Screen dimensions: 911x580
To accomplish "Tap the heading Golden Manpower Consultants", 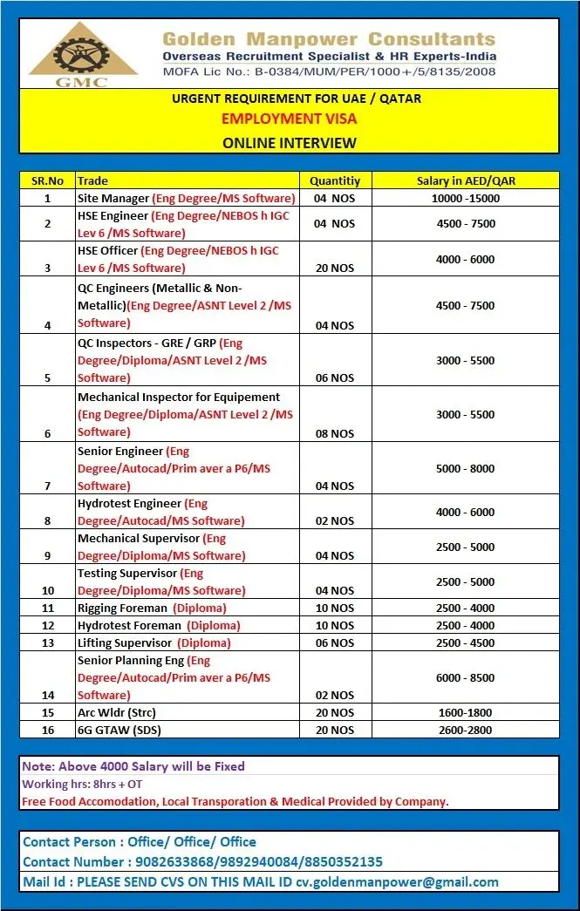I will [328, 39].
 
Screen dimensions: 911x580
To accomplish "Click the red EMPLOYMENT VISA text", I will [290, 119].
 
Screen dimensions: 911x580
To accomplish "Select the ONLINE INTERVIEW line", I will [290, 142].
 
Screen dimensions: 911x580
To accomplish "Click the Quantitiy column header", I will [335, 180].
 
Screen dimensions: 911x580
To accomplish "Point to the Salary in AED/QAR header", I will [466, 180].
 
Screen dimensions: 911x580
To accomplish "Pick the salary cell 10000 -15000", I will [466, 198].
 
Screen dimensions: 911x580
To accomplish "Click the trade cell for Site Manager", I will [186, 198].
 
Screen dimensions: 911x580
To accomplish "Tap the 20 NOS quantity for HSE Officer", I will [335, 268].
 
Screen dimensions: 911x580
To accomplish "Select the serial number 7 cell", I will [47, 486].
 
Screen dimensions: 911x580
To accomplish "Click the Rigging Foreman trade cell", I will [152, 608].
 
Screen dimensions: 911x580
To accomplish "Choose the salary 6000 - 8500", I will [466, 677].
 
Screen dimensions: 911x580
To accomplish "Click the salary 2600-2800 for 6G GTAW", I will [466, 730].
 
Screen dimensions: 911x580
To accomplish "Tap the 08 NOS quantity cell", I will [335, 433].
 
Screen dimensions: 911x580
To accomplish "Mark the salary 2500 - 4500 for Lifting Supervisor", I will [466, 642].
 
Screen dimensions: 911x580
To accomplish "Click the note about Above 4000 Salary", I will [133, 766].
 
